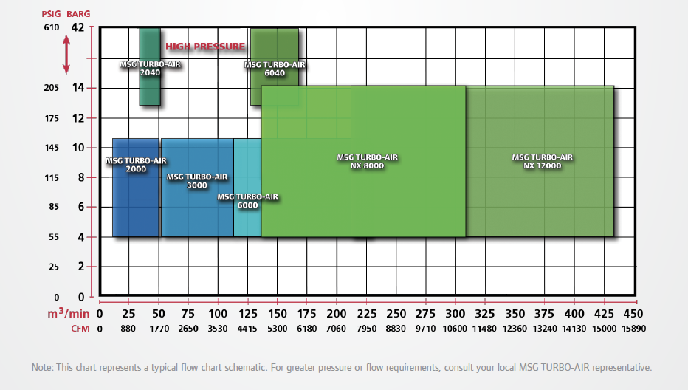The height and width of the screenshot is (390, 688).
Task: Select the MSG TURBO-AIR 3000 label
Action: [197, 181]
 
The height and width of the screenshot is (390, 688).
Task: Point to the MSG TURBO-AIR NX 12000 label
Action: [543, 161]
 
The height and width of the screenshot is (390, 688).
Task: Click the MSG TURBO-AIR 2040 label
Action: [150, 69]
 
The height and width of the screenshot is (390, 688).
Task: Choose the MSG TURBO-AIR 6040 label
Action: [275, 69]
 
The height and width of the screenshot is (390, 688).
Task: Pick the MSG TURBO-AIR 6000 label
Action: [248, 201]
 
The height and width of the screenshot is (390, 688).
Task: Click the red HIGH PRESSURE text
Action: [205, 47]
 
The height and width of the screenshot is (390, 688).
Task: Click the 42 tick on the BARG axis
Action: [78, 28]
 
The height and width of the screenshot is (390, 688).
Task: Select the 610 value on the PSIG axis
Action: [52, 28]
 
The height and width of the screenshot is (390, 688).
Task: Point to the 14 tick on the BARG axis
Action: [78, 88]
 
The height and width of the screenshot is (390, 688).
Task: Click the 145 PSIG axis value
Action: [52, 148]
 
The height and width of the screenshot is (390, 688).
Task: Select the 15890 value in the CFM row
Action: [634, 329]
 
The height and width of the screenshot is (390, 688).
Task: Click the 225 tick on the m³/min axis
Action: [367, 312]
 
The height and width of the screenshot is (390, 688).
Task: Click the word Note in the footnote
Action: [42, 367]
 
